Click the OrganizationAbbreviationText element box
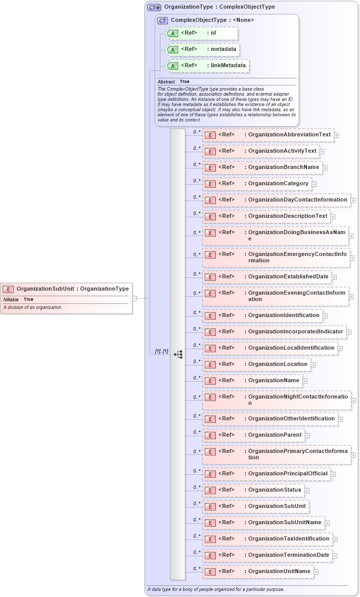point(268,135)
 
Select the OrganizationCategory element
point(257,184)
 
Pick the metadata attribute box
point(203,49)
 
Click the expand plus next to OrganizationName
point(305,381)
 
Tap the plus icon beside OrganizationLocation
point(313,364)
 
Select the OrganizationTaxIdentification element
point(267,539)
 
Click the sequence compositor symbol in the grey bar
point(178,354)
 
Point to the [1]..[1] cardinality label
point(161,352)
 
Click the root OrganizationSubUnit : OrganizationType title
point(72,289)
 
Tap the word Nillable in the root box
point(11,300)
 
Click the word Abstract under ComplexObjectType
point(166,82)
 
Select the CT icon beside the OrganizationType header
point(154,7)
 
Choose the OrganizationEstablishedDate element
point(267,277)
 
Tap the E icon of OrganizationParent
point(209,436)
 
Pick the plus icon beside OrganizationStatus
point(307,491)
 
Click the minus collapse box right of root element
point(134,298)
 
